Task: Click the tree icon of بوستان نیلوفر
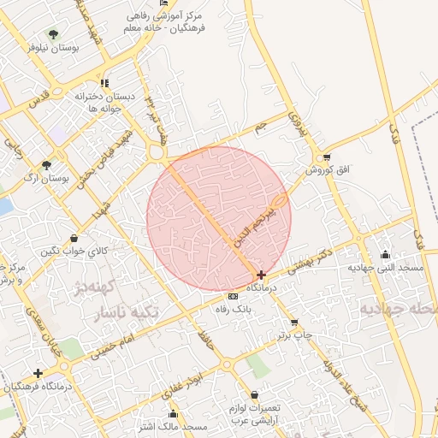53,35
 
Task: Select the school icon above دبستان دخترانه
104,83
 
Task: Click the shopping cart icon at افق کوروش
327,157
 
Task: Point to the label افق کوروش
331,171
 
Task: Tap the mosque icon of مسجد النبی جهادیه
386,254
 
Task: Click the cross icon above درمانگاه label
261,275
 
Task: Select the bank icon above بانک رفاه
228,295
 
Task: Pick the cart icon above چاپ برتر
295,323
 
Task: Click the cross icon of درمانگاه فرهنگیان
37,373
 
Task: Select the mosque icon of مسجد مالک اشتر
173,414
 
